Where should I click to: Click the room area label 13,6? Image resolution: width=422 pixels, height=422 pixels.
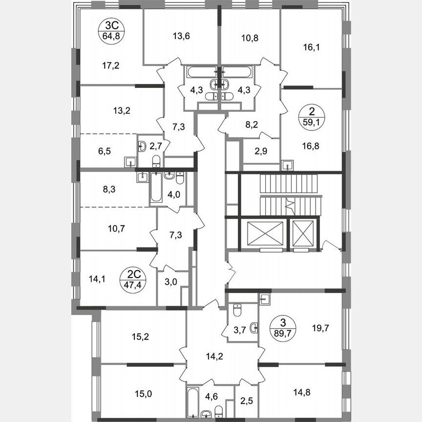(181, 35)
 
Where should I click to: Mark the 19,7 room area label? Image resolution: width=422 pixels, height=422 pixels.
(320, 328)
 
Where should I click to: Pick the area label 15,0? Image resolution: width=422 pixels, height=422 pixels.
(143, 392)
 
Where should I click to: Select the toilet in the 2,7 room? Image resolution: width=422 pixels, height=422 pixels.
(156, 162)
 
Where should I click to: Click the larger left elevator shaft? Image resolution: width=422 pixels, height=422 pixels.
(265, 234)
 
